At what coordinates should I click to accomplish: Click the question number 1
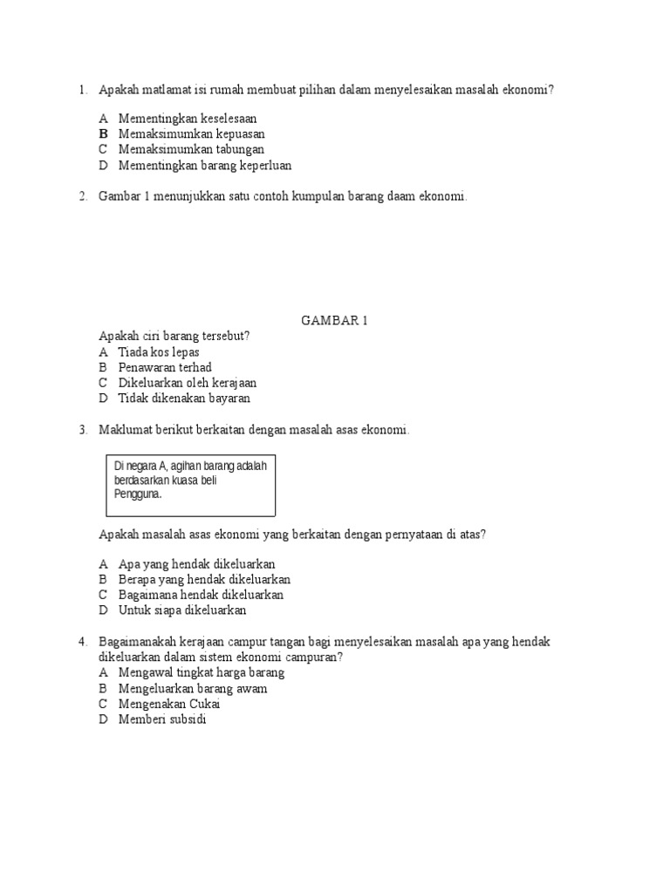coord(82,90)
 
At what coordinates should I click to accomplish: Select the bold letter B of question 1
coord(103,134)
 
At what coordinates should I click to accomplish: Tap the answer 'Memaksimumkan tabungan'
coord(191,150)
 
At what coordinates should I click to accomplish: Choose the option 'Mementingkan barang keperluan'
coord(205,166)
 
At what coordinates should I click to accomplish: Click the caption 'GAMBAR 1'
coord(334,321)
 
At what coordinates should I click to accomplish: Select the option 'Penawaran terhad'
coord(165,368)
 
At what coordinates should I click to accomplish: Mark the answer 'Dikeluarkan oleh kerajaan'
coord(188,383)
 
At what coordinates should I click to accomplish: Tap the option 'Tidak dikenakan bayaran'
coord(184,399)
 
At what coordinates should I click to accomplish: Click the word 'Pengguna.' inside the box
coord(139,494)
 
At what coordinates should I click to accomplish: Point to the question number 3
coord(82,430)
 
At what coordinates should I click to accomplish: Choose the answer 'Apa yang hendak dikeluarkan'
coord(196,564)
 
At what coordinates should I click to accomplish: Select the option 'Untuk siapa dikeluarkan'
coord(182,610)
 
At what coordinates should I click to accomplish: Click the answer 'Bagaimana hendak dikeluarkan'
coord(201,595)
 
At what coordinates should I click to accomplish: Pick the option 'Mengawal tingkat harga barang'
coord(202,673)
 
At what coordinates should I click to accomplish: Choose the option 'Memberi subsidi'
coord(162,719)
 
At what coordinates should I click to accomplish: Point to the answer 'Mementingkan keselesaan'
coord(188,119)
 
